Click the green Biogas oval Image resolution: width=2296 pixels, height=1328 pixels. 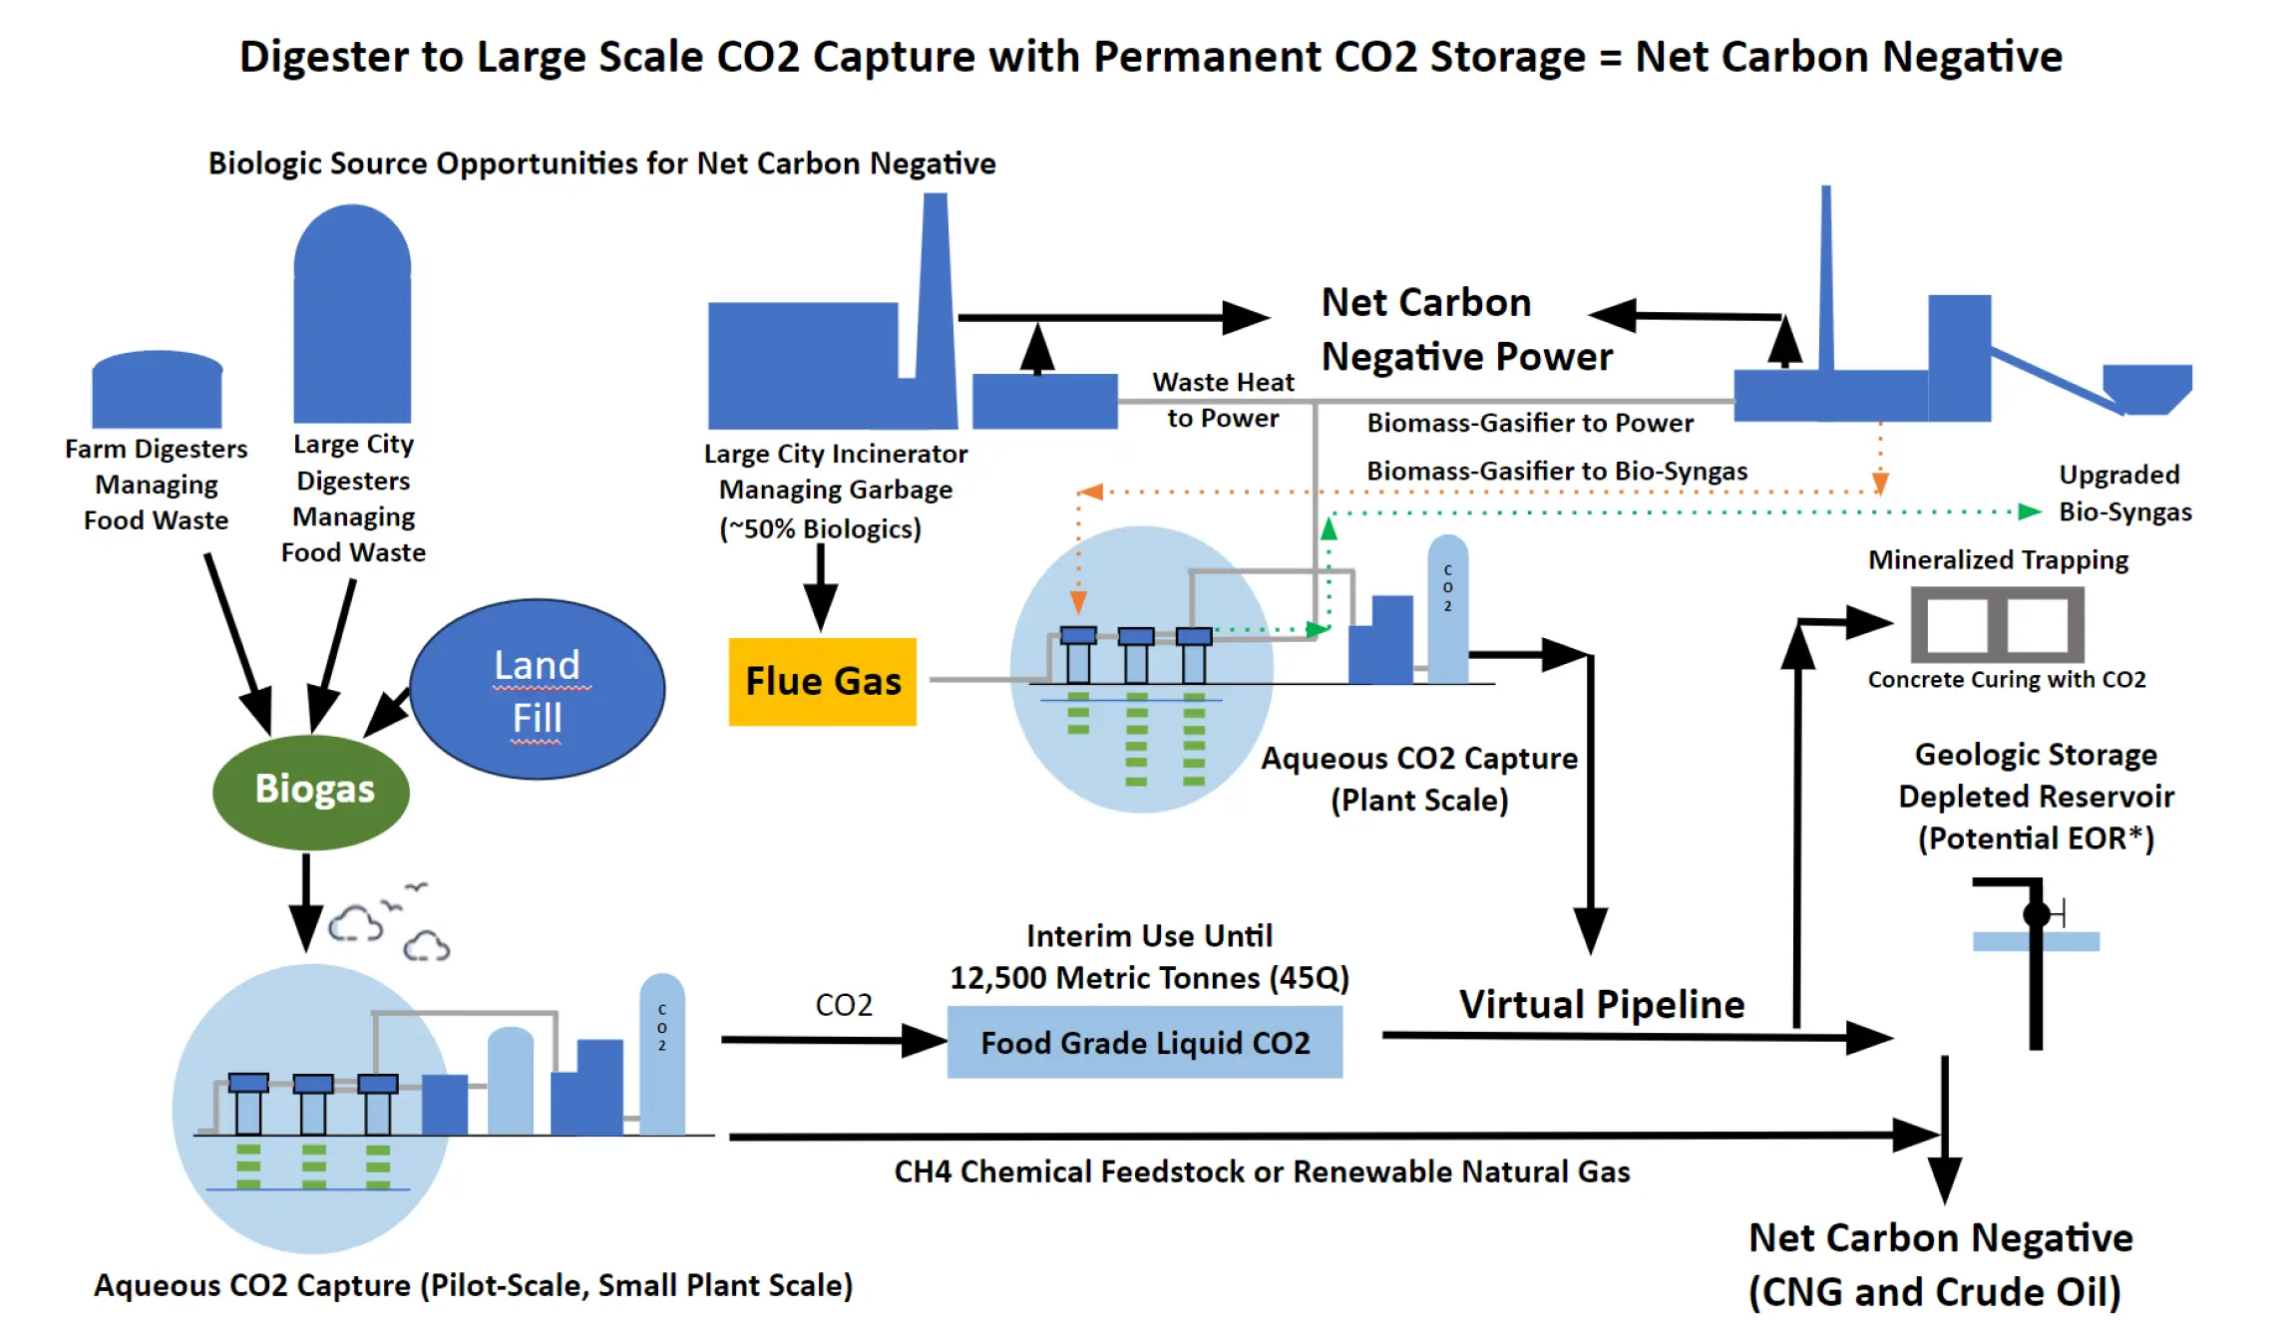pyautogui.click(x=311, y=791)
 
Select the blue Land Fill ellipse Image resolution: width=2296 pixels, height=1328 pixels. pyautogui.click(x=537, y=690)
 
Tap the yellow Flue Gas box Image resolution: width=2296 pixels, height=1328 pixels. pyautogui.click(x=823, y=682)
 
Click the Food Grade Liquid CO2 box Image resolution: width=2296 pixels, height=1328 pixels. pyautogui.click(x=1144, y=1043)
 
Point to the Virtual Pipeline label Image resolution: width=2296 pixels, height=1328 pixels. pyautogui.click(x=1602, y=1004)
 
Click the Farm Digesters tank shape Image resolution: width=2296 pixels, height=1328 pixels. pyautogui.click(x=157, y=391)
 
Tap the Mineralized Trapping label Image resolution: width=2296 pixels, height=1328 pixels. pyautogui.click(x=1998, y=560)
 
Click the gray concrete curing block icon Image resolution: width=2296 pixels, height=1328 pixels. pyautogui.click(x=1997, y=625)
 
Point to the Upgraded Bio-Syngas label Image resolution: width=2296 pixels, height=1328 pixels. pyautogui.click(x=2124, y=494)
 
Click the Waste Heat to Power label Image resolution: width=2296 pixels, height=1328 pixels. pyautogui.click(x=1223, y=400)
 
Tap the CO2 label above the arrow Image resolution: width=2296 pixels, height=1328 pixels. pyautogui.click(x=844, y=1005)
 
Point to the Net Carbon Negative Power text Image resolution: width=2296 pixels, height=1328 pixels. pyautogui.click(x=1465, y=330)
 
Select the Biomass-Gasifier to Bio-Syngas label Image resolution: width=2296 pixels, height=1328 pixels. pyautogui.click(x=1556, y=471)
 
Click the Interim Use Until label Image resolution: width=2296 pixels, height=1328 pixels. pyautogui.click(x=1149, y=936)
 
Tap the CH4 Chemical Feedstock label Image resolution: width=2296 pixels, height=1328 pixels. pyautogui.click(x=1262, y=1171)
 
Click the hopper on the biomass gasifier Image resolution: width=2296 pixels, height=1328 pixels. pyautogui.click(x=2146, y=387)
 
